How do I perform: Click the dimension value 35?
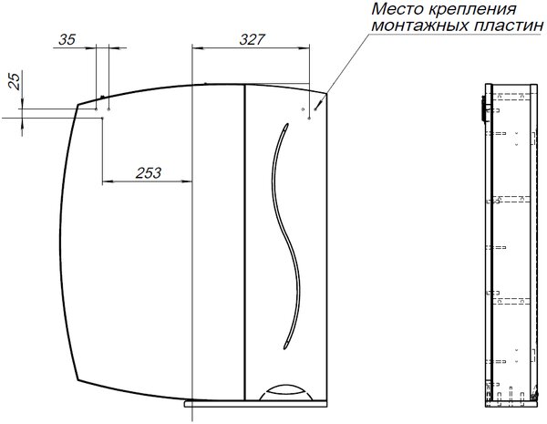67,39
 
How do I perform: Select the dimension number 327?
253,39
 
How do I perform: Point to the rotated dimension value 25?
15,82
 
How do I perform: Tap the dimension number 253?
149,172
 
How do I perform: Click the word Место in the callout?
397,9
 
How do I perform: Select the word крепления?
471,10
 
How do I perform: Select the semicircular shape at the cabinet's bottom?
285,391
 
